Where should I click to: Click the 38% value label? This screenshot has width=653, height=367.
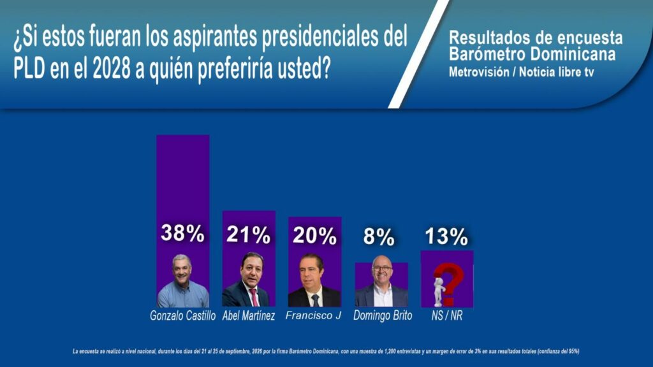[182, 233]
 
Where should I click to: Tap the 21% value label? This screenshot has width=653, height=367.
[249, 234]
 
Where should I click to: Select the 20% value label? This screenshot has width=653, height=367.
[314, 236]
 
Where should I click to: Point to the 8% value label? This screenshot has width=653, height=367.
[379, 237]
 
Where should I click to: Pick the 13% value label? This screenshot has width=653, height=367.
[446, 236]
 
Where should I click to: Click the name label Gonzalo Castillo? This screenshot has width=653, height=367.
[183, 315]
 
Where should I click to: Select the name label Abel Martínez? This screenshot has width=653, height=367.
[249, 315]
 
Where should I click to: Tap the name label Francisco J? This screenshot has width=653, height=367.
[313, 315]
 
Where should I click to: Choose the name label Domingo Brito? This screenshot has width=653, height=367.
[383, 315]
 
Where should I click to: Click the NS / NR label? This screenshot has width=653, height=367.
[447, 315]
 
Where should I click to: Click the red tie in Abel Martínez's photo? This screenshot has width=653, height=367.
[254, 297]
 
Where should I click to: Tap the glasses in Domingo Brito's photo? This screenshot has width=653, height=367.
[382, 270]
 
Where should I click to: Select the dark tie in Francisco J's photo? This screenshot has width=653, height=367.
[315, 300]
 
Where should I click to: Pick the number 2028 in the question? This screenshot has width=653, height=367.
[111, 69]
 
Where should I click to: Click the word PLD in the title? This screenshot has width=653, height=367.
[29, 69]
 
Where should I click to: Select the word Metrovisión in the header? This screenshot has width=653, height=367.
[479, 72]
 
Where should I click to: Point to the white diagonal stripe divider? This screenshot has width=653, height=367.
[418, 54]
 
